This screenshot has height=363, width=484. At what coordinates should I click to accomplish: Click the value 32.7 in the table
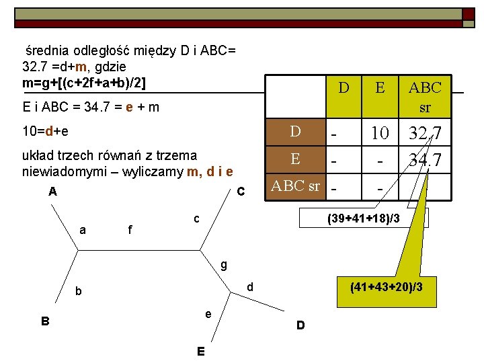coord(425,134)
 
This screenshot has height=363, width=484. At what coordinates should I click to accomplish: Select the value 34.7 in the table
coord(425,161)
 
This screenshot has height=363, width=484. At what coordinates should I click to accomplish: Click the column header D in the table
coord(344,87)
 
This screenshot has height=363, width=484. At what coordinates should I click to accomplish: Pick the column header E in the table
coord(380,87)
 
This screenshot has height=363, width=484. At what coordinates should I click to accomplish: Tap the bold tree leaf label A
coord(52,191)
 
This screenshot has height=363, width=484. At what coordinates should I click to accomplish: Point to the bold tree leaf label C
coord(241,193)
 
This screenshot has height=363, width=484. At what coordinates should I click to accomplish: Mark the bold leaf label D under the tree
coord(300,325)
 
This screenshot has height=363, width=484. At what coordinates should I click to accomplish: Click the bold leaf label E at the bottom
coord(201,351)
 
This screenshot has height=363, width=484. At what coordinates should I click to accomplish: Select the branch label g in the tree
coord(224,265)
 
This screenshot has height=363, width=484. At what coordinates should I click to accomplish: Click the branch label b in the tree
coord(79,292)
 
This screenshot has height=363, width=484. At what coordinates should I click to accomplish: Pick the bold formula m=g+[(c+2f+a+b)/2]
coord(84,83)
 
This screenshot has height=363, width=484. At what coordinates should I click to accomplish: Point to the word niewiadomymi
coord(63,171)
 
